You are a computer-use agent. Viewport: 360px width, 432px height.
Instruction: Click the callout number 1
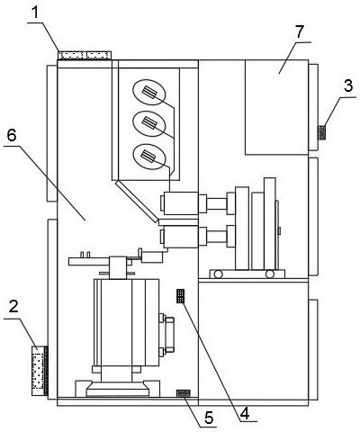pyautogui.click(x=36, y=13)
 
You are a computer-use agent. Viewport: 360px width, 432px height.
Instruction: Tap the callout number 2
pyautogui.click(x=13, y=307)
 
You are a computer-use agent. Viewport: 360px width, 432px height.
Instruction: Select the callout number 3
pyautogui.click(x=348, y=86)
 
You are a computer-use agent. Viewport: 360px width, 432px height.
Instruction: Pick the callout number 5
pyautogui.click(x=209, y=417)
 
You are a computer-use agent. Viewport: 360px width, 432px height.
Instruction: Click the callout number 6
pyautogui.click(x=12, y=136)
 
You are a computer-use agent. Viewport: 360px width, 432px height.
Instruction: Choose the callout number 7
pyautogui.click(x=300, y=31)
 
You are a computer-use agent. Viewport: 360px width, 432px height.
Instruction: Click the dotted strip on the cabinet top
pyautogui.click(x=85, y=55)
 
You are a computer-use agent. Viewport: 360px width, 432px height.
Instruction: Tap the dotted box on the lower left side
pyautogui.click(x=38, y=371)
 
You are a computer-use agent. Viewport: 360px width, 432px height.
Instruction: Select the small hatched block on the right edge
pyautogui.click(x=322, y=132)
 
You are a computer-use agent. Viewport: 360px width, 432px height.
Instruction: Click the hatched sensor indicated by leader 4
pyautogui.click(x=180, y=296)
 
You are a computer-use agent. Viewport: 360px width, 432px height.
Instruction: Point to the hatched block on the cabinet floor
pyautogui.click(x=184, y=393)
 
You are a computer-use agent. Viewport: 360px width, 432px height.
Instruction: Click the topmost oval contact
pyautogui.click(x=149, y=93)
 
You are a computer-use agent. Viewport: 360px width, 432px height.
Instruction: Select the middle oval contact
pyautogui.click(x=149, y=123)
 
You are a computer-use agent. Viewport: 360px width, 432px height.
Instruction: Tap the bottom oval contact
pyautogui.click(x=149, y=157)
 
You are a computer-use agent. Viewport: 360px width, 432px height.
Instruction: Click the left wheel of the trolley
pyautogui.click(x=218, y=274)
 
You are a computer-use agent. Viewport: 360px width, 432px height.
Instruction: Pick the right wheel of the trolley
pyautogui.click(x=269, y=274)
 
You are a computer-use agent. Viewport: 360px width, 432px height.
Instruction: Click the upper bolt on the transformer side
pyautogui.click(x=162, y=318)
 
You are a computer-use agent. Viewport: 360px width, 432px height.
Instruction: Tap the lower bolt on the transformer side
pyautogui.click(x=162, y=352)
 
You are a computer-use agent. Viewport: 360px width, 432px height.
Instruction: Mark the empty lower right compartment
pyautogui.click(x=253, y=340)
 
